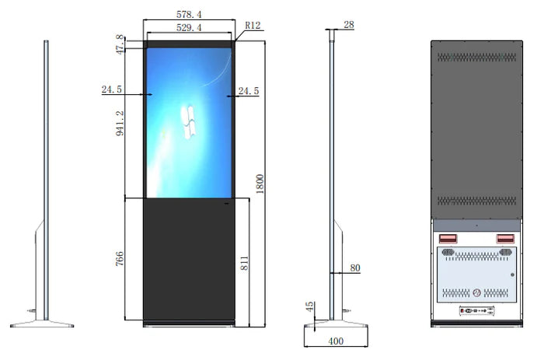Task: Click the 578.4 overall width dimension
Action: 189,15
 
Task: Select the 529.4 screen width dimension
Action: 189,28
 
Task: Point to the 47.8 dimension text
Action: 120,44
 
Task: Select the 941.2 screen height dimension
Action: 120,123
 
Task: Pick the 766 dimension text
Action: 120,258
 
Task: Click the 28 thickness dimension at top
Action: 348,25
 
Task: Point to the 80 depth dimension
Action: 355,268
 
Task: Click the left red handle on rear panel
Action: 448,239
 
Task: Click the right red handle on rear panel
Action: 504,239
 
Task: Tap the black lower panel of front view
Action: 189,257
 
